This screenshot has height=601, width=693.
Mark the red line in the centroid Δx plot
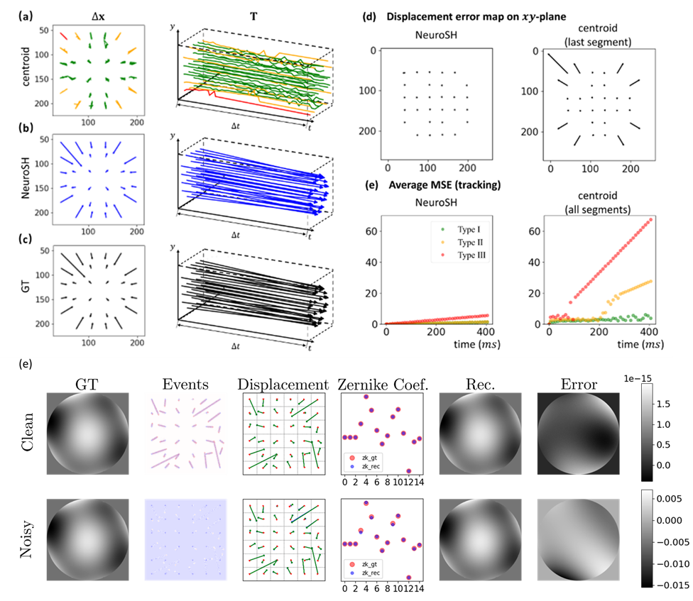(65, 35)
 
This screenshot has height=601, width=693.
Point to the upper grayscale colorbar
(647, 433)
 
